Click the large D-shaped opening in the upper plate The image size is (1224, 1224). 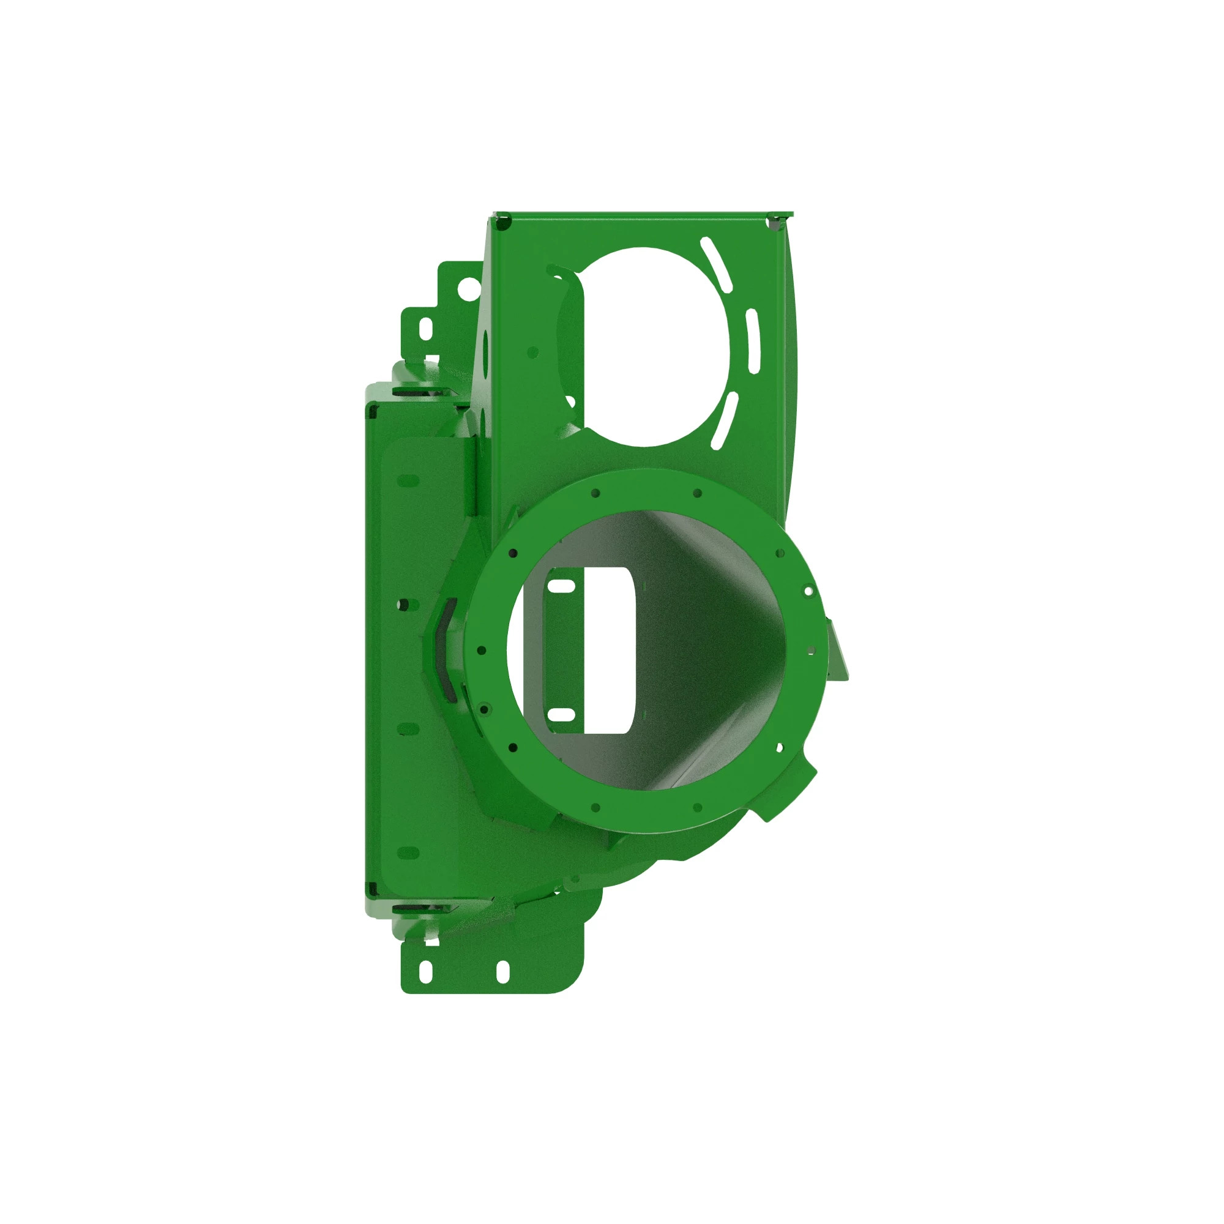point(652,347)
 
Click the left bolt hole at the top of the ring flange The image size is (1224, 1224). point(595,493)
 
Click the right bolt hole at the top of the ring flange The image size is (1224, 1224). point(698,493)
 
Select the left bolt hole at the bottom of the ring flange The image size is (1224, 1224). point(595,808)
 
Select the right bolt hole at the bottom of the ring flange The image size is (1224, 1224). point(698,808)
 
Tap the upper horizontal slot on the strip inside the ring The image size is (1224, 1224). point(561,588)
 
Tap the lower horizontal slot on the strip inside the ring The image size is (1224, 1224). point(561,715)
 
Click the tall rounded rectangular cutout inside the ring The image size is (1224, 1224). point(608,650)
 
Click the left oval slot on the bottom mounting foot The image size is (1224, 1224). point(427,972)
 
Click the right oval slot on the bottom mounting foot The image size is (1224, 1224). point(502,972)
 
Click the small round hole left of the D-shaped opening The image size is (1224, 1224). point(533,353)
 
